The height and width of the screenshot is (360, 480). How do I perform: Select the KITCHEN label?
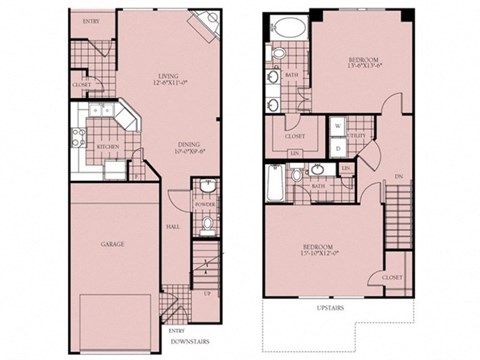pos(107,147)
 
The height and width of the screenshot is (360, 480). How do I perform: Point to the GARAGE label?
pos(112,243)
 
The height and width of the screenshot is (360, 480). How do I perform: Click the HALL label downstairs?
pos(172,228)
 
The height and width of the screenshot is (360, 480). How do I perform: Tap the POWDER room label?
pos(204,219)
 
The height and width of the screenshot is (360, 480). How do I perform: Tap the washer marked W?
pos(338,126)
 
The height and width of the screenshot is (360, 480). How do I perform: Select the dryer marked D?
pos(338,148)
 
